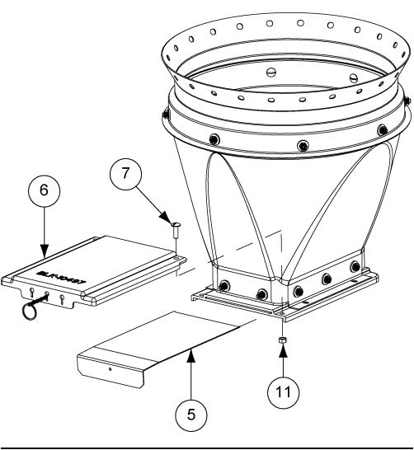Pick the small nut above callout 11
[x=281, y=340]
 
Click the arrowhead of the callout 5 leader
[x=191, y=352]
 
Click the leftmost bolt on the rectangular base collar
[x=223, y=287]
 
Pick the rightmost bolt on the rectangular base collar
[x=355, y=268]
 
